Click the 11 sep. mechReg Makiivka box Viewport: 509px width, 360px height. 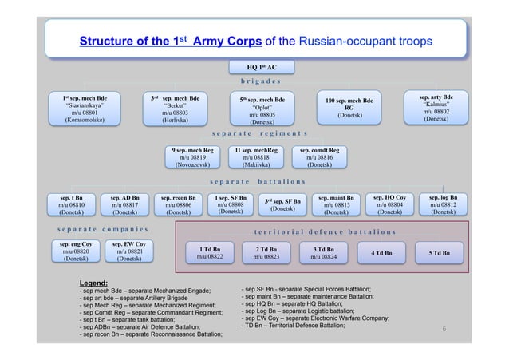255,157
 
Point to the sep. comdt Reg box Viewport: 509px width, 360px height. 319,157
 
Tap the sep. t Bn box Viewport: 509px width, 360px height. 66,205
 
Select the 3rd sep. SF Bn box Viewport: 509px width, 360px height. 285,205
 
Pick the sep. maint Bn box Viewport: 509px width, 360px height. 336,205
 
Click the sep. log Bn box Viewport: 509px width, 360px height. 442,205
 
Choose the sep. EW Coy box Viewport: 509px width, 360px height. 128,251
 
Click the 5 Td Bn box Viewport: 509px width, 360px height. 438,253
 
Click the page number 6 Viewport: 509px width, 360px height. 444,328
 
